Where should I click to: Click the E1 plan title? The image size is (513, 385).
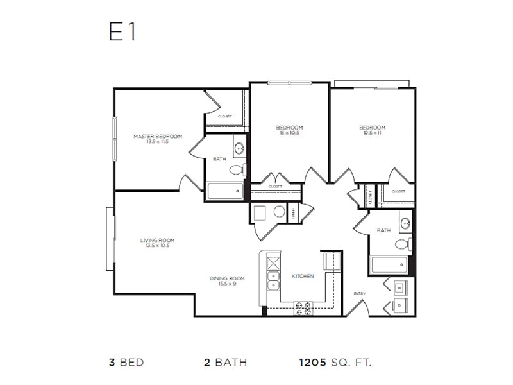click(122, 33)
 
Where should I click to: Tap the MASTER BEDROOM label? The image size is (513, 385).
click(158, 136)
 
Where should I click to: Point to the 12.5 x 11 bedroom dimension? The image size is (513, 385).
click(373, 133)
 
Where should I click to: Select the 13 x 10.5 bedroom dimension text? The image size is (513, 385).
click(289, 133)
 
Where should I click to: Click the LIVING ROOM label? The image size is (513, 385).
click(157, 240)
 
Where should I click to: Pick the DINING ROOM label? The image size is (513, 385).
click(227, 278)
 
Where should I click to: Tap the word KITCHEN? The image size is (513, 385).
click(303, 276)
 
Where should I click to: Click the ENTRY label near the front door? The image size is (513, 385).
click(360, 294)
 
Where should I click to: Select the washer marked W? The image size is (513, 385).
click(399, 287)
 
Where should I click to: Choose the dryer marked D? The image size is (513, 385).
click(399, 306)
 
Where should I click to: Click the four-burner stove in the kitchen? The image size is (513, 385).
click(303, 309)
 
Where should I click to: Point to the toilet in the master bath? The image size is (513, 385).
click(237, 169)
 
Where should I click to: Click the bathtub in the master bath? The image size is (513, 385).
click(225, 191)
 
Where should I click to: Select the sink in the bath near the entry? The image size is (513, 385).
click(405, 224)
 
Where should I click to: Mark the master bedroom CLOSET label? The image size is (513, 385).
click(224, 117)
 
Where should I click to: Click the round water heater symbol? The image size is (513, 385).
click(280, 212)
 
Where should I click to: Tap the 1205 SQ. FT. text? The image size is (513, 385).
click(335, 363)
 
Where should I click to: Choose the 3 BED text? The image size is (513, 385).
click(126, 363)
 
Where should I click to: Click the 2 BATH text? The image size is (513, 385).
click(225, 363)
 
